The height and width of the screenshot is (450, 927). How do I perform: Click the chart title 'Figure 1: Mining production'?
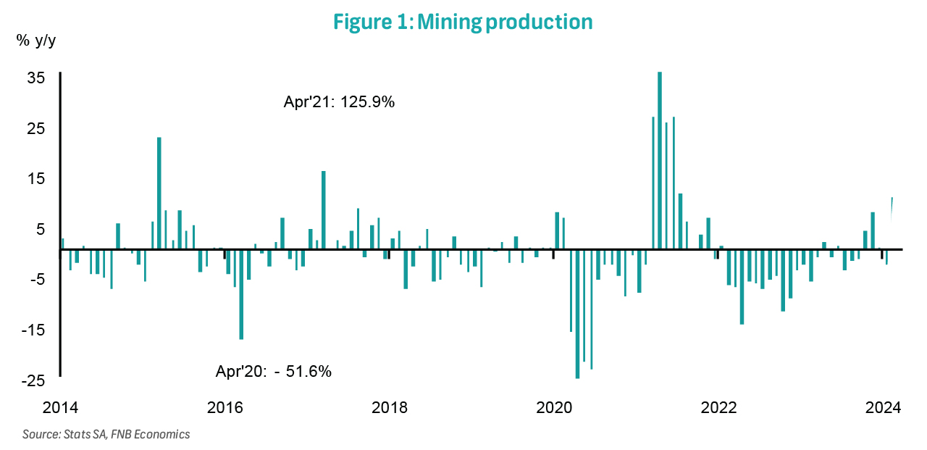(x=463, y=22)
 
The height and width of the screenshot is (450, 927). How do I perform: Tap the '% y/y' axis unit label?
(x=35, y=41)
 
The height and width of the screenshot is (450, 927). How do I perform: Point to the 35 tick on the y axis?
(x=36, y=78)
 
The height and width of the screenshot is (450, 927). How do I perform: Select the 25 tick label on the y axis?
(x=36, y=128)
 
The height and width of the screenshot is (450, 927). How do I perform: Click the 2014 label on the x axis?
(x=60, y=407)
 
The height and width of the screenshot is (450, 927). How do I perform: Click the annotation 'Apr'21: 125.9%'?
(x=339, y=102)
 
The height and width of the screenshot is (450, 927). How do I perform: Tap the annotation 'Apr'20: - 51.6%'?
(x=274, y=372)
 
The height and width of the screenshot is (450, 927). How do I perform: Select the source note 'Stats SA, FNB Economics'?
(x=106, y=435)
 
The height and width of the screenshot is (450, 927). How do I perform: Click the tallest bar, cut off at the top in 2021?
(x=660, y=159)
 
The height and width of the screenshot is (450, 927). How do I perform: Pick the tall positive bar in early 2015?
(x=159, y=193)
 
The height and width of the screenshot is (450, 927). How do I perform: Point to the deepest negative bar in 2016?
(x=241, y=293)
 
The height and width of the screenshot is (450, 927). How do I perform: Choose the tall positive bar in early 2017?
(x=324, y=210)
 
